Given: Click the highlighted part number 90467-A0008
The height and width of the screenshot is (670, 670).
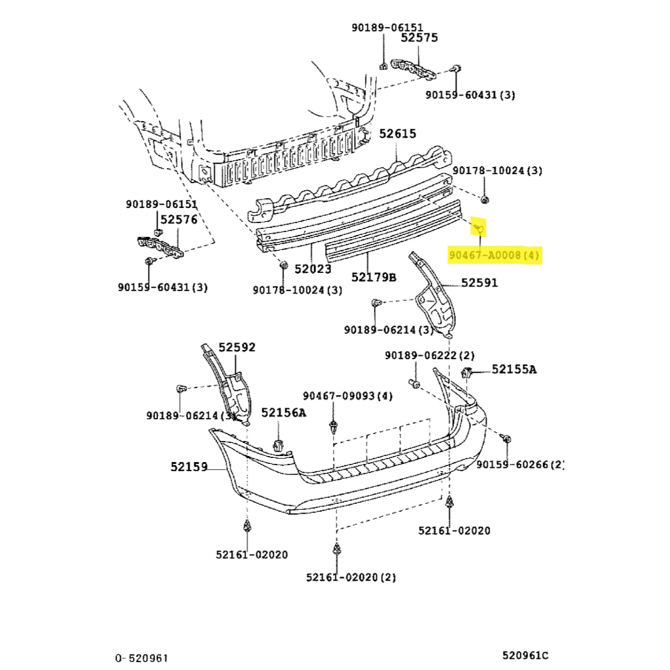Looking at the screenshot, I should pos(494,255).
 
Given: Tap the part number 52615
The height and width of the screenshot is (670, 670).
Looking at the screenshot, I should pos(397,134).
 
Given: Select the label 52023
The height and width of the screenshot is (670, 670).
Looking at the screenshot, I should pos(312,268).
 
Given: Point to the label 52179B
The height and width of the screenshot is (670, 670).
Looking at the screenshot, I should pos(374,277).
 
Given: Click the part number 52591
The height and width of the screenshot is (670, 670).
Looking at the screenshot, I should pos(479,283).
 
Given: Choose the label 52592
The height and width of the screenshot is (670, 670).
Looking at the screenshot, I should pos(237,347).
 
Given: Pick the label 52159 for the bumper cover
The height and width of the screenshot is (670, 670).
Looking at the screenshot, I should pos(189,467).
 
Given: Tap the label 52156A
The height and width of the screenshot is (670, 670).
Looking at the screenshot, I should pos(283,412).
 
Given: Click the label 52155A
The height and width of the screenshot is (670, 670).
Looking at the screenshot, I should pos(514,370).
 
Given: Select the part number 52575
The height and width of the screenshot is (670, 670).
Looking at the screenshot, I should pos(419,39).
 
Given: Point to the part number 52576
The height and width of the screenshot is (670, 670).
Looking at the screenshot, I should pos(179,220).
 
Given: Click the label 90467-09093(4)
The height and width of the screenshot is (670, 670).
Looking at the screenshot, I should pos(347,396).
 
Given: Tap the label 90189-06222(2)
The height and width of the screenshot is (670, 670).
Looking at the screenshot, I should pos(429,355).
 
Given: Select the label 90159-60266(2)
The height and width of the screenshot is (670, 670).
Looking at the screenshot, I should pos(520,465).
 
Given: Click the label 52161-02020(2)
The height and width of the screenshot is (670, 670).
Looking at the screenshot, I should pos(351,577).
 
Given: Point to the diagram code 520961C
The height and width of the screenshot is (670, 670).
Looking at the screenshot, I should pos(525,655).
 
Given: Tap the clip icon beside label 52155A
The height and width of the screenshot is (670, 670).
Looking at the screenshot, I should pos(468,374).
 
